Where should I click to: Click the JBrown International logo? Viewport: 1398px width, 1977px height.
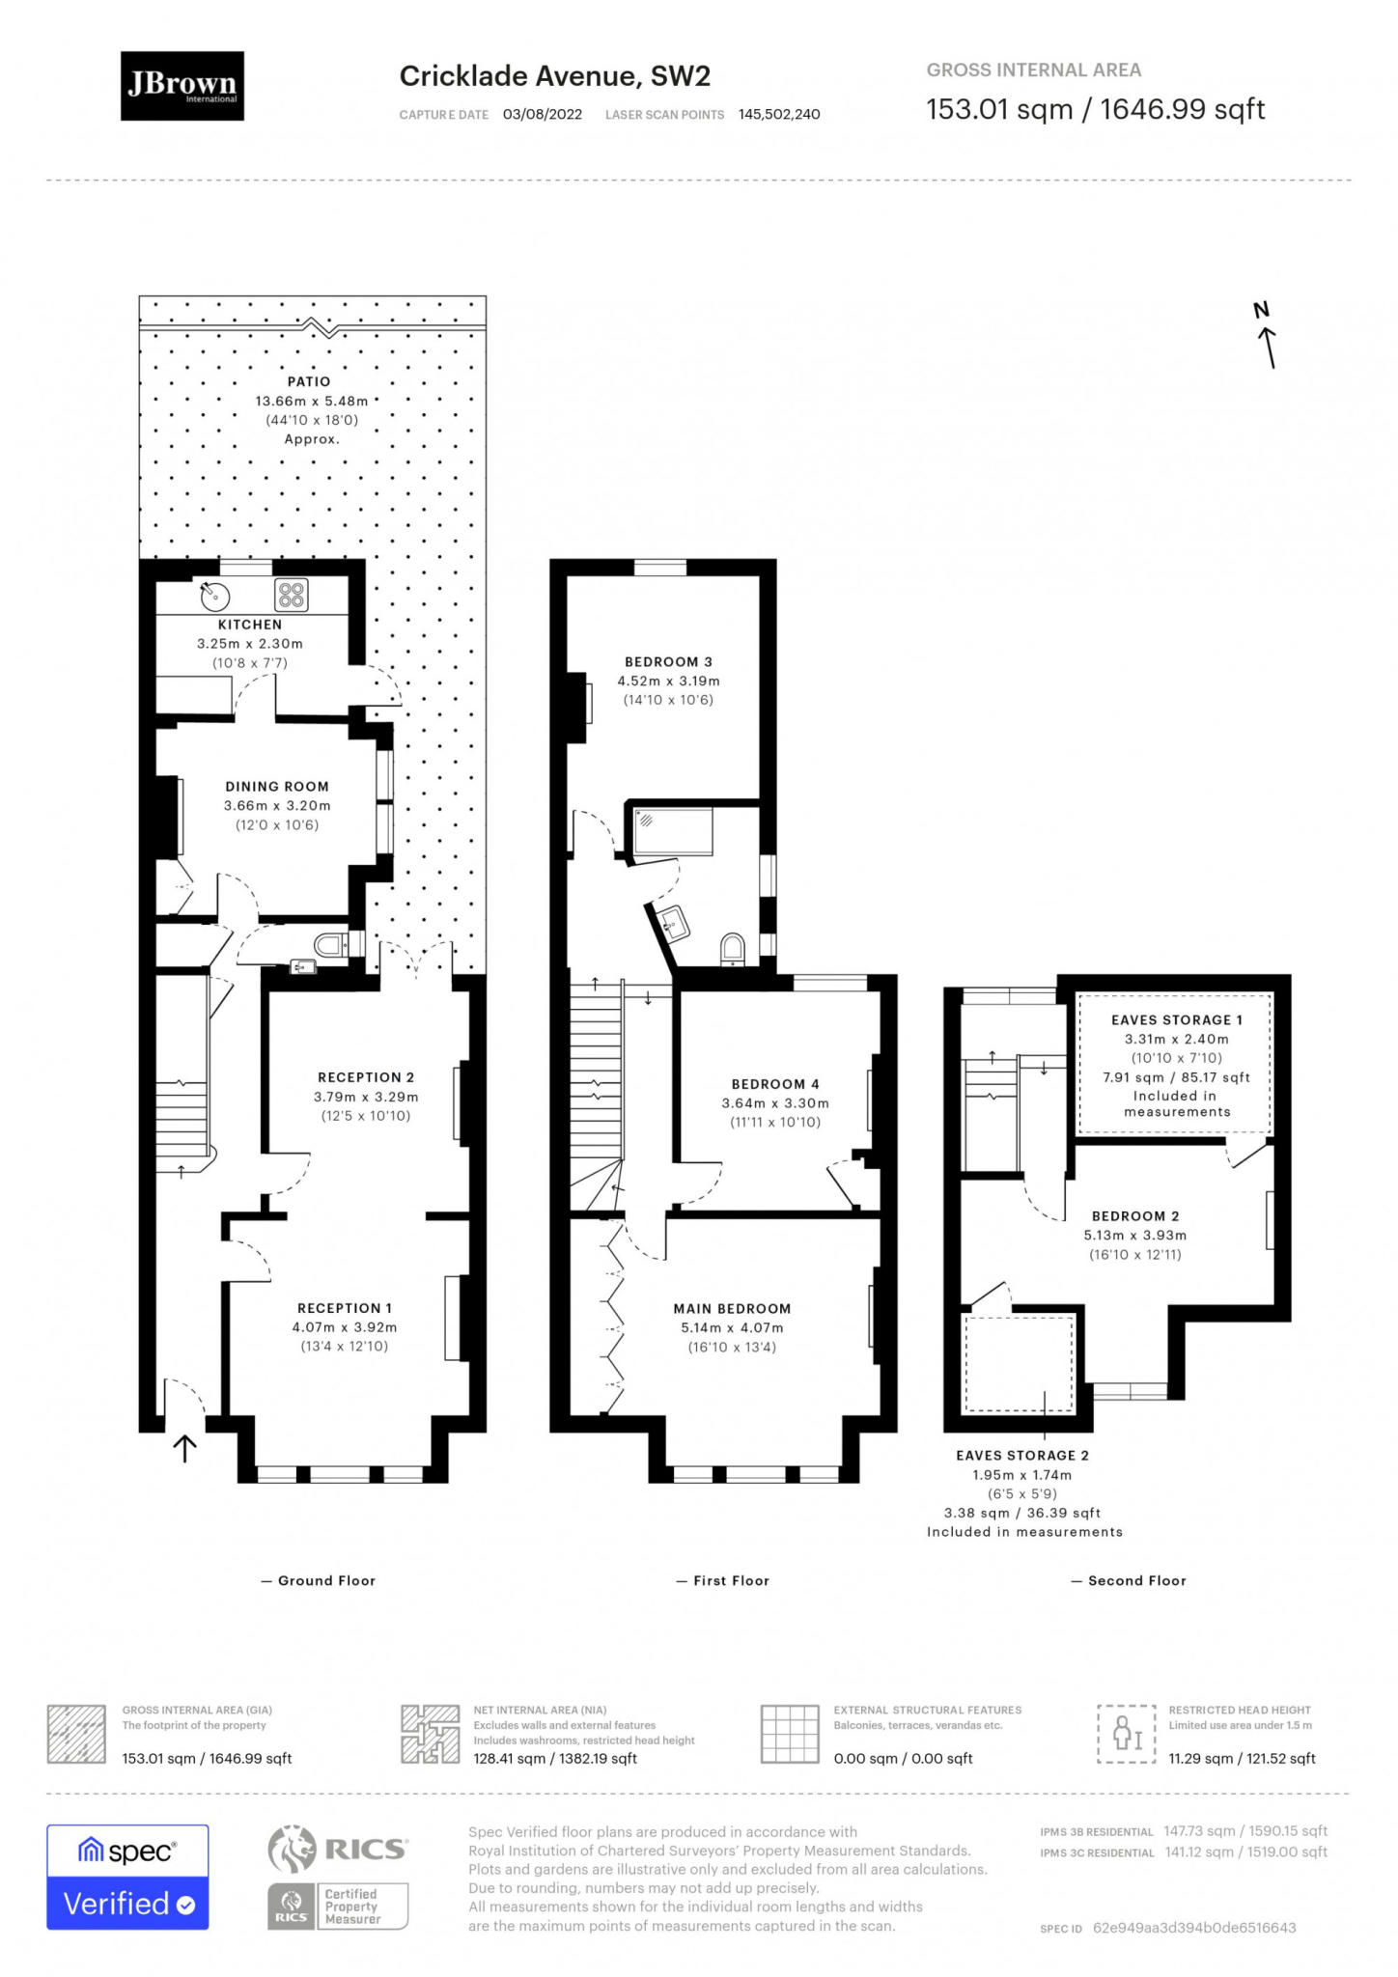click(x=182, y=86)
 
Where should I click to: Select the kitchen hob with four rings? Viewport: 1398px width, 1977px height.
click(x=292, y=596)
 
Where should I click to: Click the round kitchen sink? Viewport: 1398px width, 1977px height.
click(x=215, y=597)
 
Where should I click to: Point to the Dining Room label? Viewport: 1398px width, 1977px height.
click(x=277, y=787)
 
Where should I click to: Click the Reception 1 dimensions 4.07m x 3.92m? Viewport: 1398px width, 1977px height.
click(x=345, y=1327)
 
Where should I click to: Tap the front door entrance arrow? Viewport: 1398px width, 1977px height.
click(x=184, y=1448)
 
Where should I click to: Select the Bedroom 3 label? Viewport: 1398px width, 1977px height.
click(x=668, y=662)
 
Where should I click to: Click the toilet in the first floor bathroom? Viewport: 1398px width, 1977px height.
click(x=733, y=949)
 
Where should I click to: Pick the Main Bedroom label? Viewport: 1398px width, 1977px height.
click(x=732, y=1309)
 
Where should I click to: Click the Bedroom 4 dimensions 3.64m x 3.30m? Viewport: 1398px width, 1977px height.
click(x=775, y=1103)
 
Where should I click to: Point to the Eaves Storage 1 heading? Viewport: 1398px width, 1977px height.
click(x=1177, y=1020)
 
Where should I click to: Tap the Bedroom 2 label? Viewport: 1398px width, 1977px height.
click(x=1135, y=1216)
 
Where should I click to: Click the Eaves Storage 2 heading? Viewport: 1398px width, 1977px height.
click(x=1022, y=1456)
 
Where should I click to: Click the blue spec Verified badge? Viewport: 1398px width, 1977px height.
click(x=127, y=1878)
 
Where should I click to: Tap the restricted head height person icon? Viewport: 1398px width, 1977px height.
click(x=1127, y=1734)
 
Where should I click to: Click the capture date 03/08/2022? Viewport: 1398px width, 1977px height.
click(x=543, y=114)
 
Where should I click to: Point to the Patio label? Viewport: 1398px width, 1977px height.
click(x=309, y=382)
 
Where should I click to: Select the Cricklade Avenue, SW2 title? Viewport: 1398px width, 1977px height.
click(x=555, y=76)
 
